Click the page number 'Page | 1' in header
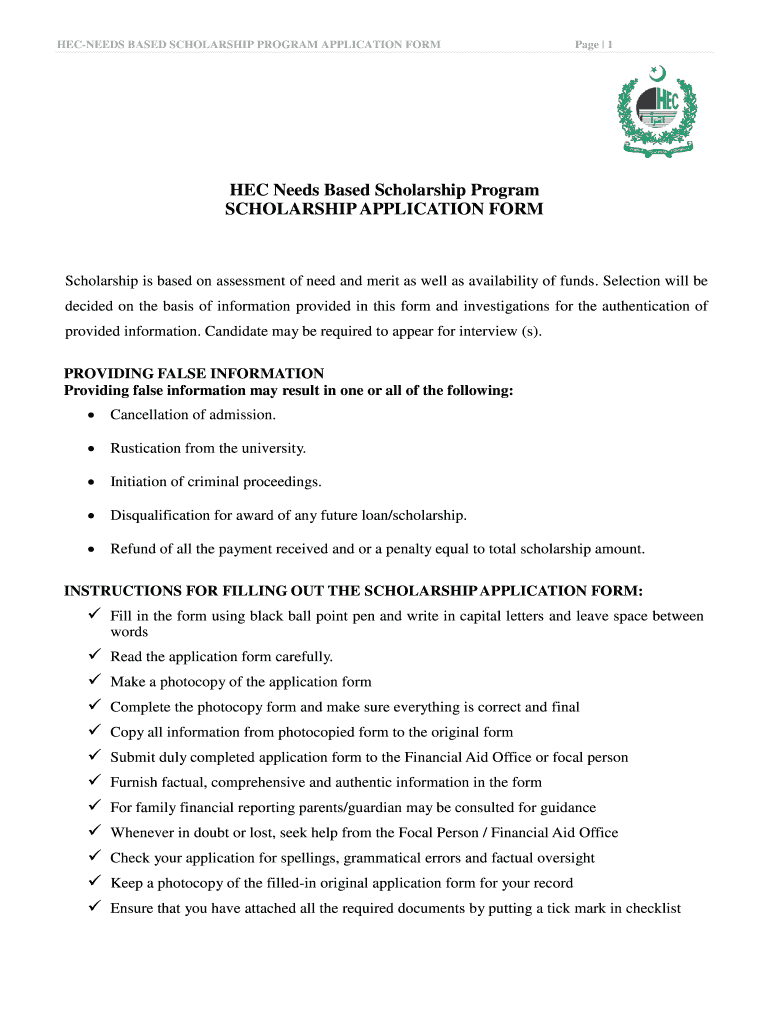594,44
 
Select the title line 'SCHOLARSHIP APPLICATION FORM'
384,210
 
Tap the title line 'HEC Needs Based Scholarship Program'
384,190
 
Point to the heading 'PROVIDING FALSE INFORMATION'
194,374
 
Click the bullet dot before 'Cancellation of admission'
92,415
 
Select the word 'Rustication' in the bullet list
146,448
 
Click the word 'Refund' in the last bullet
131,549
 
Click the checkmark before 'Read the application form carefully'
94,656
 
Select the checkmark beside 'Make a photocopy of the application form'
94,681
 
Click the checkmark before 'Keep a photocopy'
94,882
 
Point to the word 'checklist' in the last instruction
653,908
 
